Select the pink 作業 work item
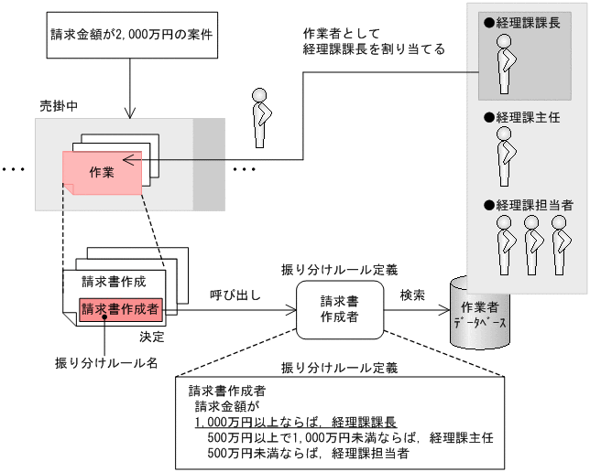(102, 172)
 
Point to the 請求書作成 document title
(113, 281)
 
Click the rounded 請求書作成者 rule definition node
(339, 308)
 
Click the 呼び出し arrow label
(235, 295)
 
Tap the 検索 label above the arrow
(412, 295)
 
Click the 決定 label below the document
(153, 336)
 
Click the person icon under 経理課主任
(503, 156)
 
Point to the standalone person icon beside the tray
(262, 117)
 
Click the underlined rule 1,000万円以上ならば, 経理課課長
(295, 423)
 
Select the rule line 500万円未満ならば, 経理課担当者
(308, 452)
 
